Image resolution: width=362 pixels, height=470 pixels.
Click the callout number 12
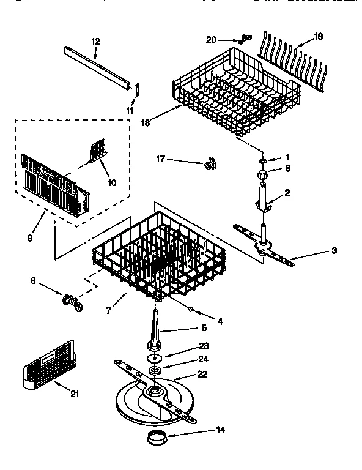95,41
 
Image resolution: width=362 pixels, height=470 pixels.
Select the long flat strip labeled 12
98,64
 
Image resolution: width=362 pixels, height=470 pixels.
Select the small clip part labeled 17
211,163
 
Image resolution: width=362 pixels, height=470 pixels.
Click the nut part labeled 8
262,174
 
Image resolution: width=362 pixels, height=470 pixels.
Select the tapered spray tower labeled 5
157,334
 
